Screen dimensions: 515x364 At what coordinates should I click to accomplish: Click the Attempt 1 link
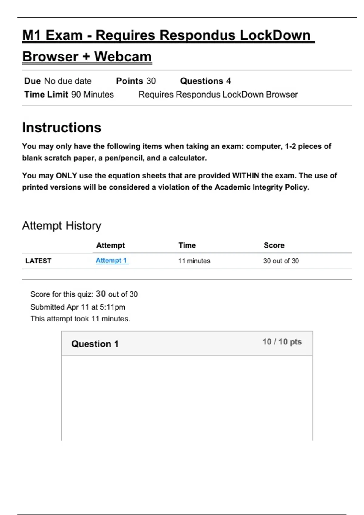click(112, 261)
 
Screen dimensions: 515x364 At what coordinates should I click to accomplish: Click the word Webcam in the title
click(123, 57)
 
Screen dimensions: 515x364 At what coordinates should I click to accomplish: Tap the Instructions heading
click(62, 128)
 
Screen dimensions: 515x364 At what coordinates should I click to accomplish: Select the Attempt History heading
click(62, 226)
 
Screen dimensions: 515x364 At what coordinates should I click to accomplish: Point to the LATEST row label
click(38, 261)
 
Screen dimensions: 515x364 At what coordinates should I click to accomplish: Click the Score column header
click(274, 245)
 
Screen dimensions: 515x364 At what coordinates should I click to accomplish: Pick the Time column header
click(187, 245)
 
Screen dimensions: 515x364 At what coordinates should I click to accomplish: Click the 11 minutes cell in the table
click(194, 261)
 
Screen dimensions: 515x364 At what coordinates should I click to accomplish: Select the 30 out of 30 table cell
click(281, 261)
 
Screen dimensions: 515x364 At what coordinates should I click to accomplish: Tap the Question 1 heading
click(95, 344)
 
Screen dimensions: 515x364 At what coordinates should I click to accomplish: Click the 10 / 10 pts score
click(282, 342)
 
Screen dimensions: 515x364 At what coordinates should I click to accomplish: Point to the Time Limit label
click(46, 95)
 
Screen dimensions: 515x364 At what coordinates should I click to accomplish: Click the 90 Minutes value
click(93, 95)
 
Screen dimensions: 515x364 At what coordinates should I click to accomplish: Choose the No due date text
click(68, 81)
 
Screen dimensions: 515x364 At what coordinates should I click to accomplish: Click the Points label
click(130, 81)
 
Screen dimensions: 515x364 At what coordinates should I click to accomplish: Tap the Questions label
click(202, 81)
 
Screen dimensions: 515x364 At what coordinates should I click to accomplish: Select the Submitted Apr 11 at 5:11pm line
click(78, 307)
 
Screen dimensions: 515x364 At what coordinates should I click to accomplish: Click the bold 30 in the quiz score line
click(101, 294)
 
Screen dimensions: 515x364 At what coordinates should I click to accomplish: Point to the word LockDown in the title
click(275, 35)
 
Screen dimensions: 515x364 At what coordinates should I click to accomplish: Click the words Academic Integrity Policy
click(261, 187)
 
